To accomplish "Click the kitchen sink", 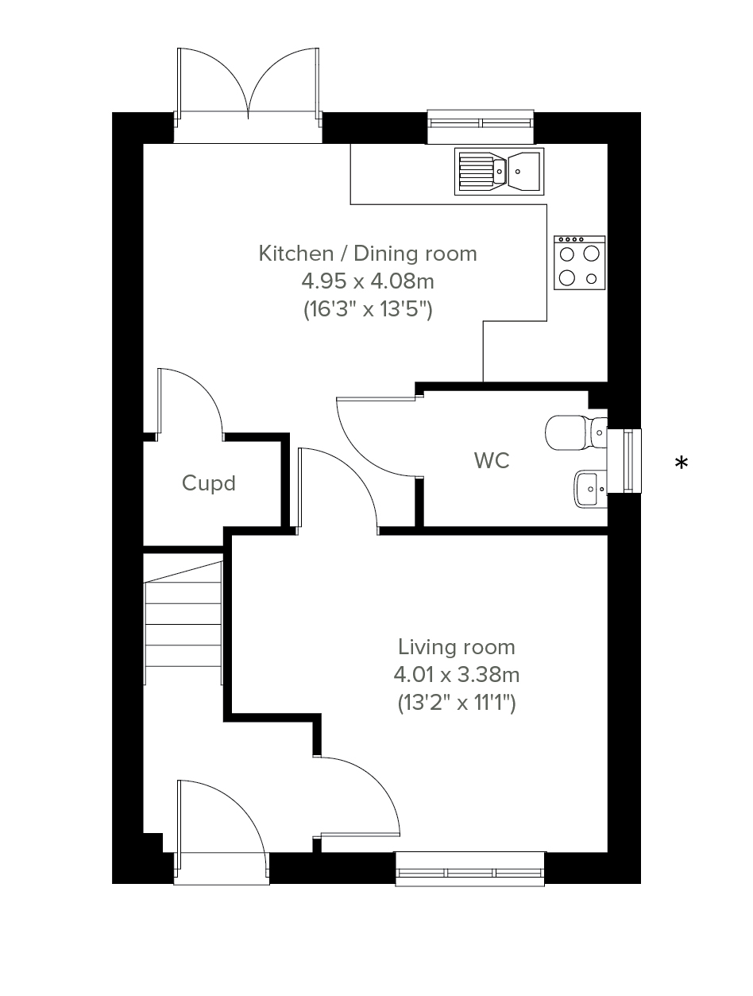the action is pos(499,171).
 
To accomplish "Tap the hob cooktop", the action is pos(579,262).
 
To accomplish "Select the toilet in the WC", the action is pos(576,432).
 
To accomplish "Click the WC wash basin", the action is pos(591,489).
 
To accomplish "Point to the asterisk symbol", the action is pos(682,463).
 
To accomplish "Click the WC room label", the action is pos(492,460).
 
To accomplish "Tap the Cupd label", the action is pos(209,484).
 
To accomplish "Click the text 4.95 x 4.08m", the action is pos(368,281).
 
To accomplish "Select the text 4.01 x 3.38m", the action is pos(457,675).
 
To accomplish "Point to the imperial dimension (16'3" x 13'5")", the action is pos(368,310).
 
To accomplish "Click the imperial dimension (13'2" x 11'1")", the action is pos(457,703).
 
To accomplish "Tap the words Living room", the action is pos(457,648).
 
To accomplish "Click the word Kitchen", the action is pos(296,254).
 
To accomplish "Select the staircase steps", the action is pos(183,622).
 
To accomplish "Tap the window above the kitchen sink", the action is pos(481,126).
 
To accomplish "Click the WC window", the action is pos(624,460).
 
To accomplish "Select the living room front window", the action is pos(470,870).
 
